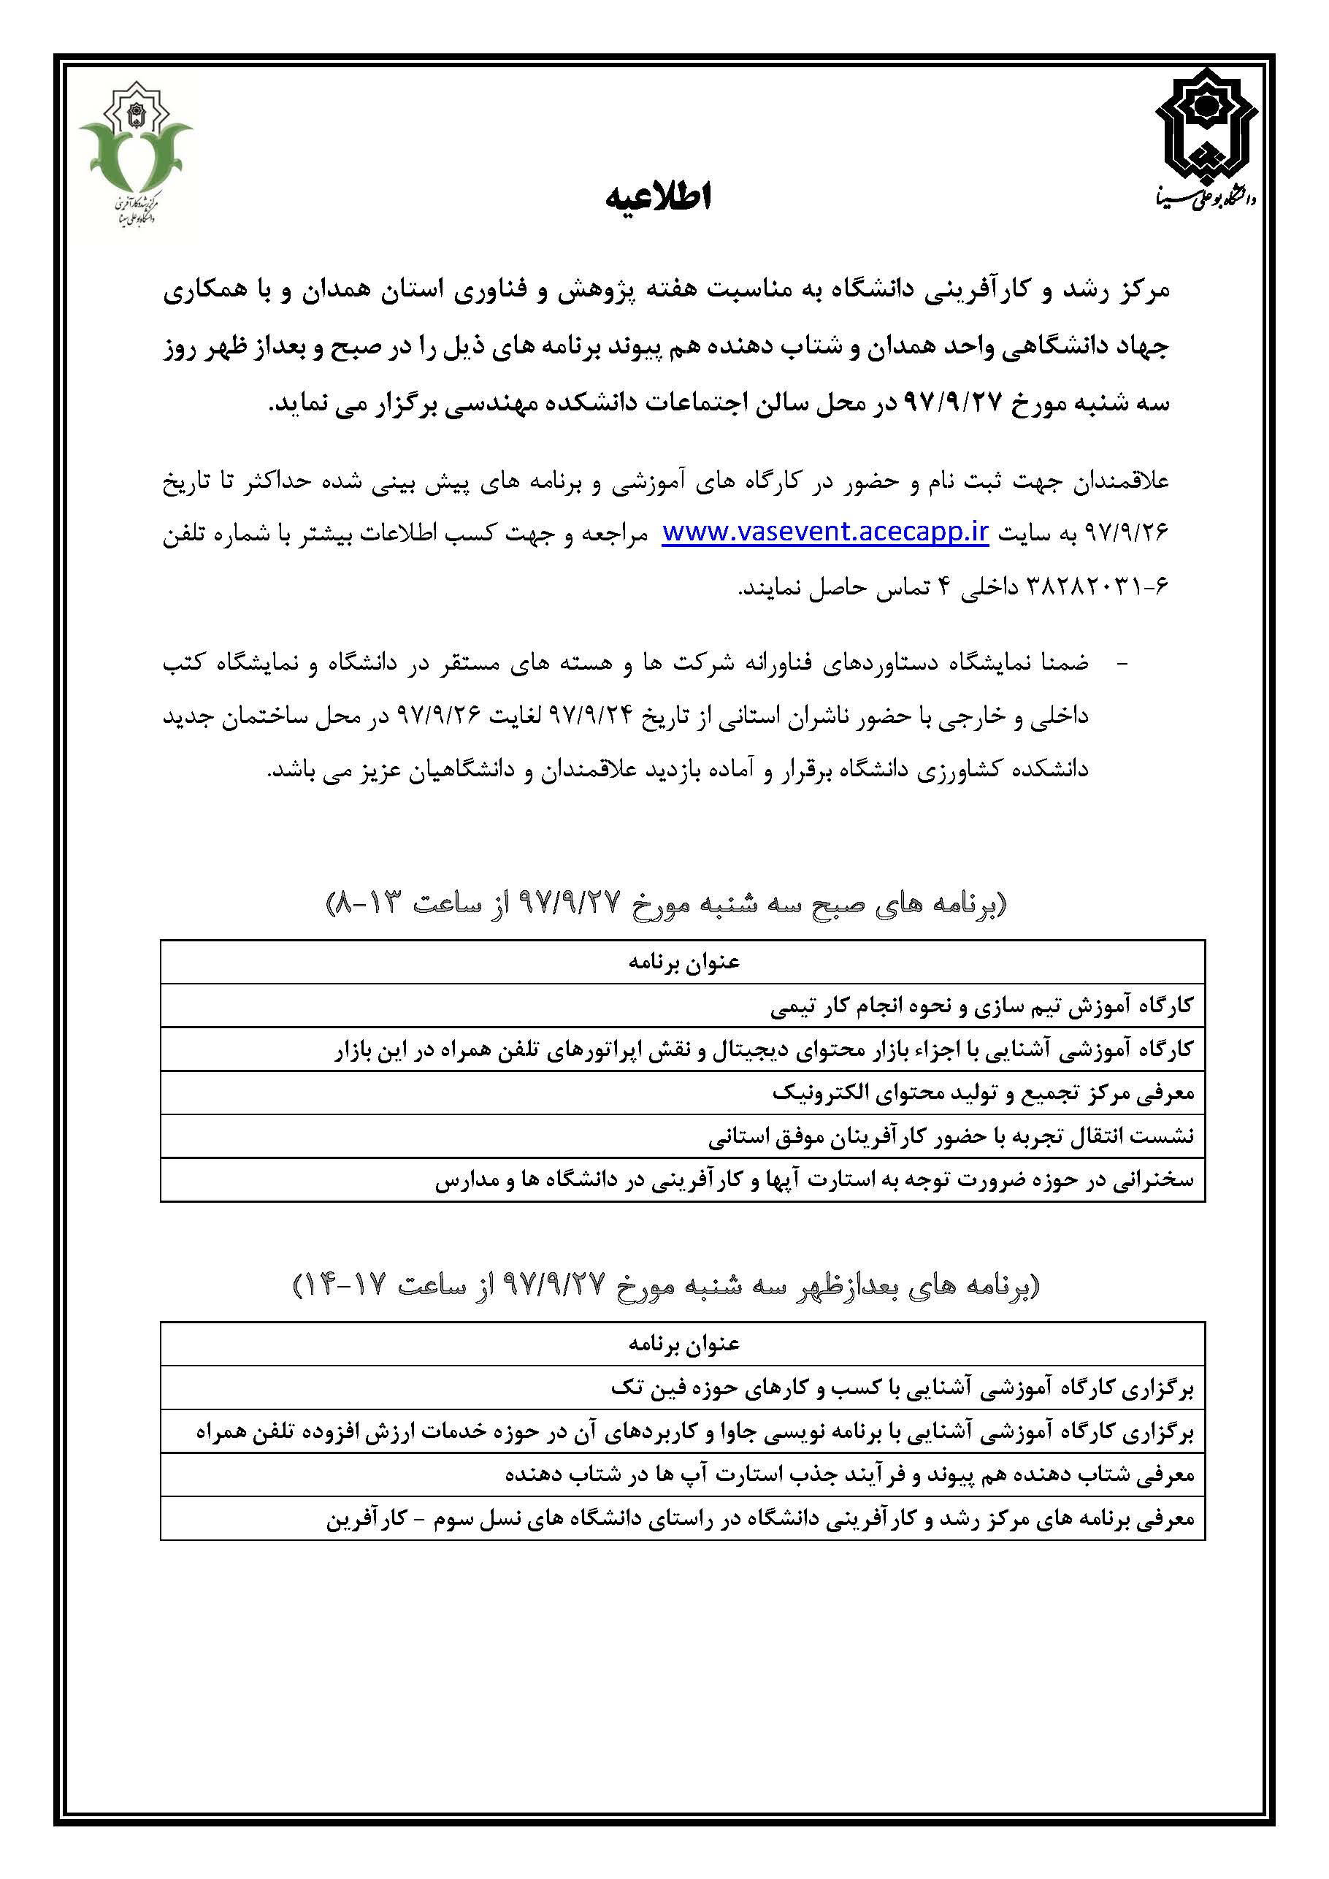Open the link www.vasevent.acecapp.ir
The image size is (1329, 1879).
(x=825, y=533)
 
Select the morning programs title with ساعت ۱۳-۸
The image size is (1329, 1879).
(x=666, y=904)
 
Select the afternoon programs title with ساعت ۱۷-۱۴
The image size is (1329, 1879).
(x=666, y=1287)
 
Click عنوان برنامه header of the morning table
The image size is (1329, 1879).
(x=683, y=963)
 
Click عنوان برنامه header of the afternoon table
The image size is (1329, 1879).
(x=683, y=1344)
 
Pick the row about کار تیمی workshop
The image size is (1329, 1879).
(x=981, y=1006)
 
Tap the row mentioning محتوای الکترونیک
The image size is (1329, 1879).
(x=983, y=1092)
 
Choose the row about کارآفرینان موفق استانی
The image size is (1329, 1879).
(x=950, y=1136)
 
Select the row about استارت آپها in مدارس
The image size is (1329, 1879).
(x=813, y=1179)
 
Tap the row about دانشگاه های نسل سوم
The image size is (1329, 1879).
(x=760, y=1519)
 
